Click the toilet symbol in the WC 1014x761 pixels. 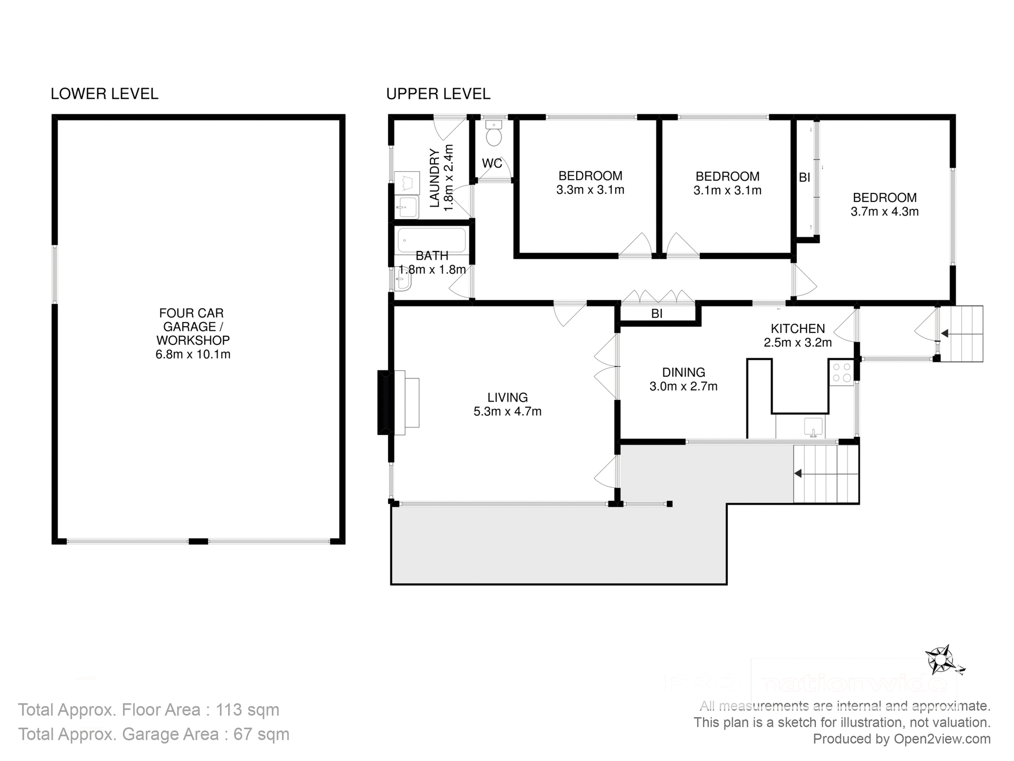[494, 135]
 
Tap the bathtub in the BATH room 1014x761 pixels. [431, 240]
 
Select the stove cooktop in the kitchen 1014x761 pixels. [841, 372]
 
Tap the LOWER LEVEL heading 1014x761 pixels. [104, 94]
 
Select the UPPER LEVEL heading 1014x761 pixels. [438, 94]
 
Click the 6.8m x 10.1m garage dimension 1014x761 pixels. [193, 355]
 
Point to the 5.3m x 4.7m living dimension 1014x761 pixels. [507, 412]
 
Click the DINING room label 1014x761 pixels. [683, 373]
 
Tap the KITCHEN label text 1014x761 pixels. [797, 329]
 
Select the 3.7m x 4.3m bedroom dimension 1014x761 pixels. [884, 212]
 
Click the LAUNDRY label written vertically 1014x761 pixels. [435, 178]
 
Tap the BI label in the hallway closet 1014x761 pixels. [656, 314]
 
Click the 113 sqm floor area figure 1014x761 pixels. [247, 710]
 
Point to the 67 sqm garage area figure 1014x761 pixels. [261, 734]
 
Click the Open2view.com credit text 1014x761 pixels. [942, 739]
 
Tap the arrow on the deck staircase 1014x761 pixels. [799, 474]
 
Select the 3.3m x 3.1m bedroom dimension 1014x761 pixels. [590, 190]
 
